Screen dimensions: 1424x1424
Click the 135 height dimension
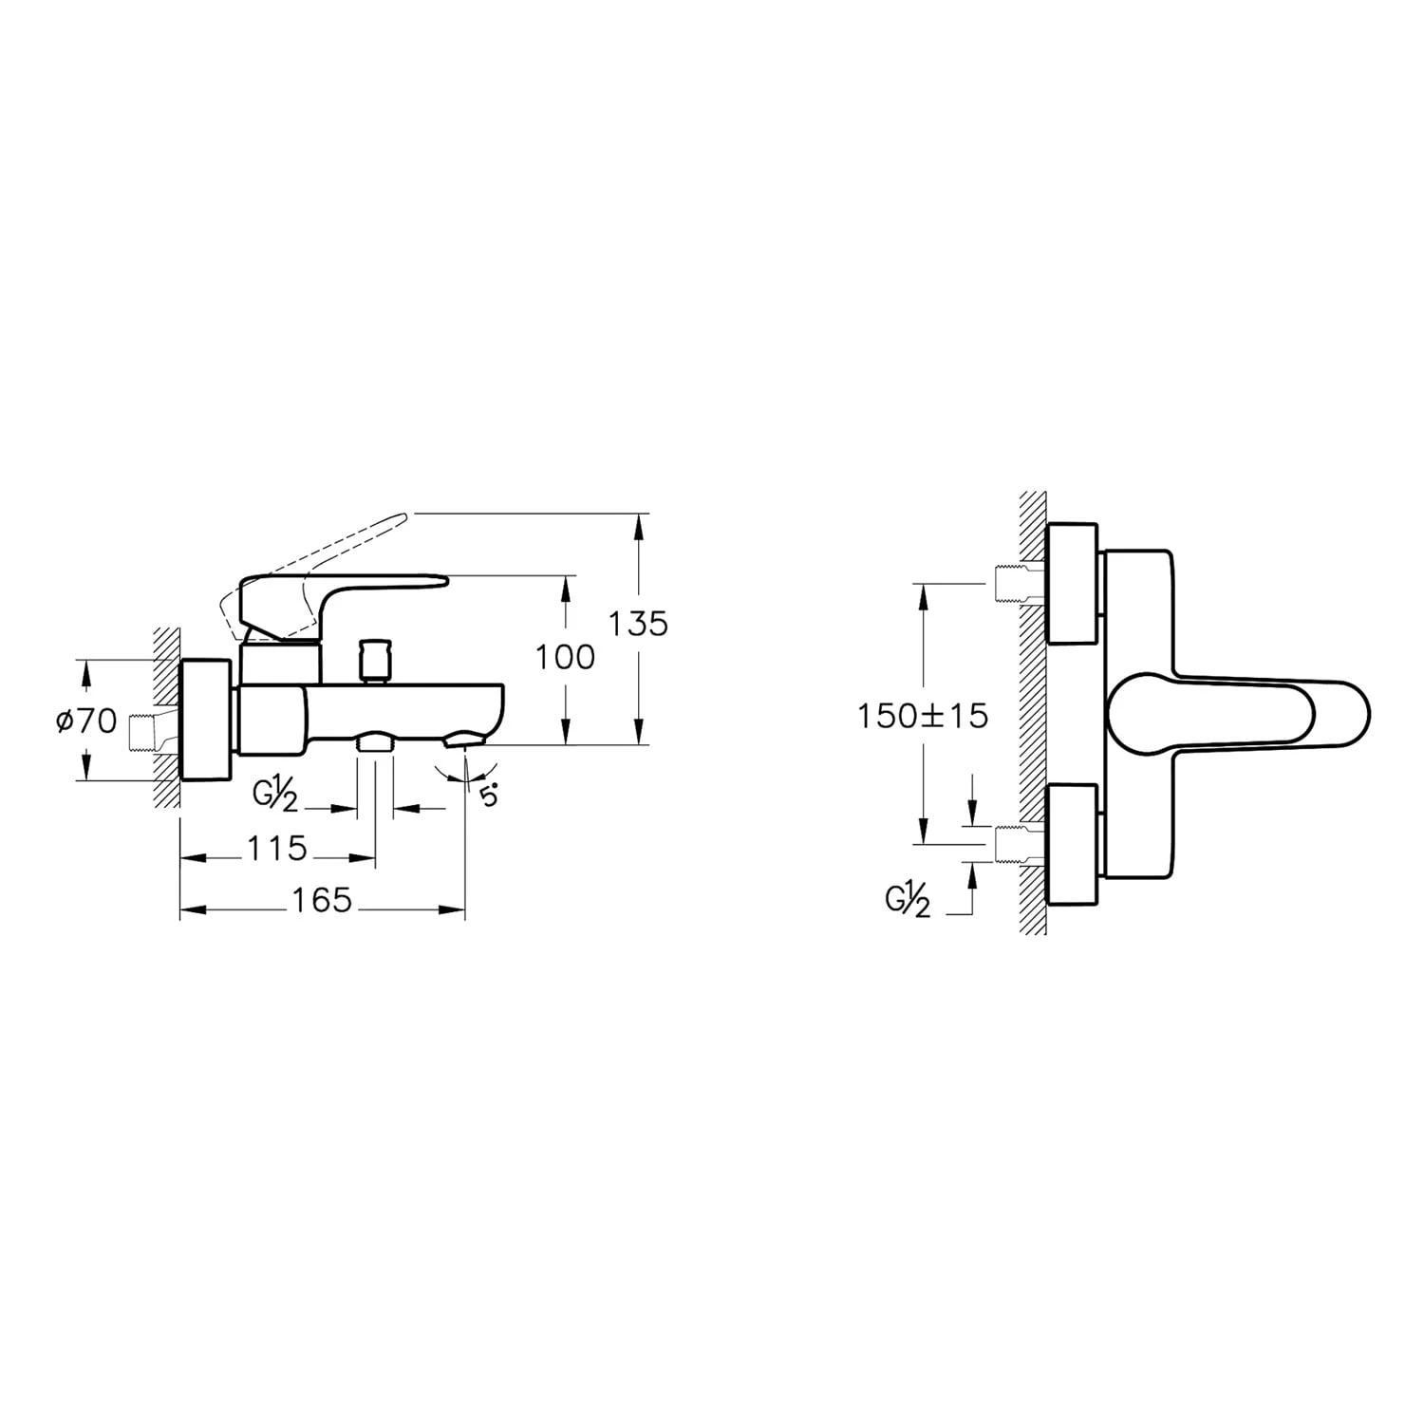(x=638, y=624)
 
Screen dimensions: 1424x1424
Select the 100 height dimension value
(x=565, y=657)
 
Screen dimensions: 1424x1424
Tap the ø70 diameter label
(x=85, y=721)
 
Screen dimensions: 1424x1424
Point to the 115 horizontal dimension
(x=276, y=848)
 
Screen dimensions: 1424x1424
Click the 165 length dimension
(x=322, y=900)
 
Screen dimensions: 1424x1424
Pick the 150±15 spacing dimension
(x=923, y=716)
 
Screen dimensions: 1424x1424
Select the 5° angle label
(x=488, y=796)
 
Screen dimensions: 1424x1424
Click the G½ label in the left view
(x=275, y=795)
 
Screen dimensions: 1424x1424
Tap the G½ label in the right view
(x=908, y=900)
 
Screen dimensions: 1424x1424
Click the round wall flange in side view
(x=205, y=720)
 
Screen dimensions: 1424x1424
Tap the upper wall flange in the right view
(x=1072, y=584)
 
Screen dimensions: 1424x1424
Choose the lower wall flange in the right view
(x=1072, y=844)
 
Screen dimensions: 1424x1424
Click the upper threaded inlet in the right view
(x=1019, y=583)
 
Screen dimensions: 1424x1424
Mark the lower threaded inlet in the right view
(x=1019, y=844)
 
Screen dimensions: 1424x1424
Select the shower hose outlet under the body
(x=375, y=741)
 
